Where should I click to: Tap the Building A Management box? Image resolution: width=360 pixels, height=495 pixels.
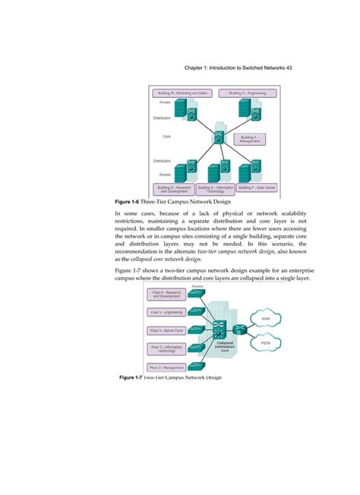(250, 139)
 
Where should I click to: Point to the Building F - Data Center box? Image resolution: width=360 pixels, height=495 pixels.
(257, 187)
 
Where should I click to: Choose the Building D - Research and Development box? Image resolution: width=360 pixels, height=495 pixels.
(174, 189)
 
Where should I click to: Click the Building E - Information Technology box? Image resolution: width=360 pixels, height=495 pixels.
(216, 189)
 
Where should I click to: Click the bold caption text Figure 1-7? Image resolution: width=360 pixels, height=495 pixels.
(125, 377)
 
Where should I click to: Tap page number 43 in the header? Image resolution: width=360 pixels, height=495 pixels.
(289, 68)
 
